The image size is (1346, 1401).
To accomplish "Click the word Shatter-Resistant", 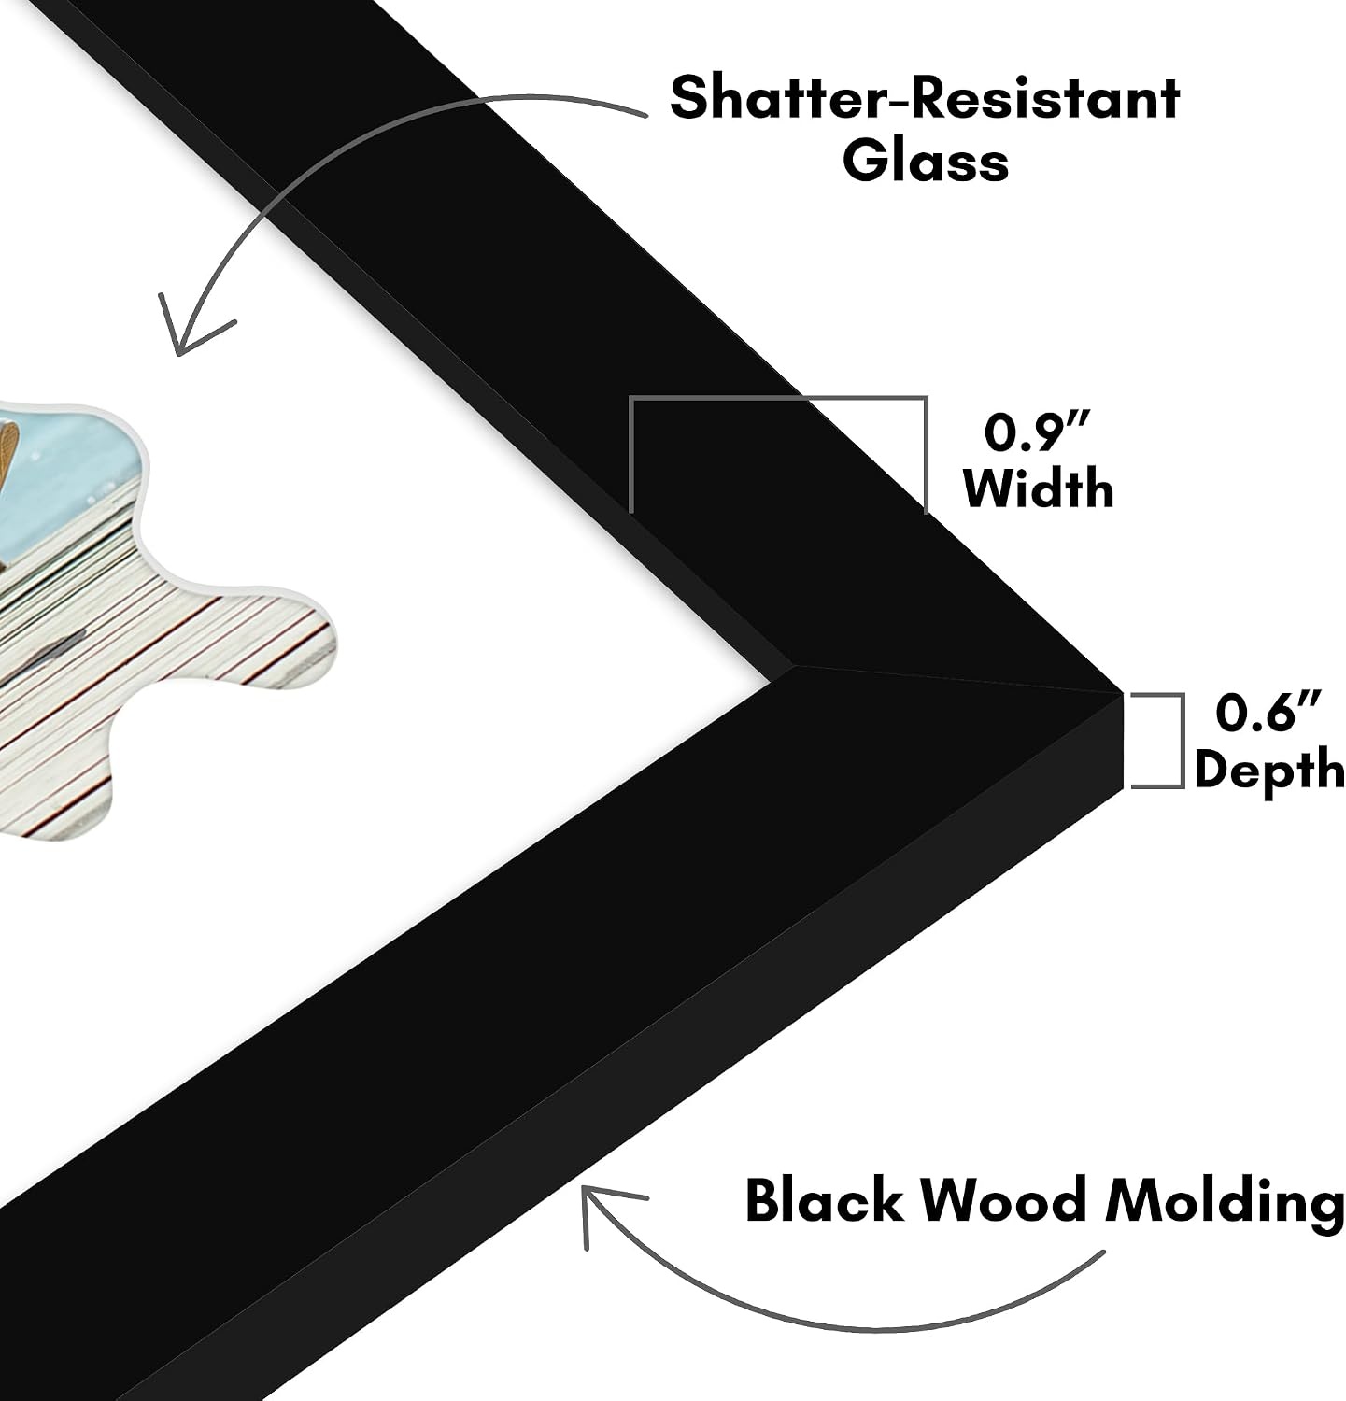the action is click(925, 98).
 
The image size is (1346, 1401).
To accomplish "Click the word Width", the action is click(1039, 488).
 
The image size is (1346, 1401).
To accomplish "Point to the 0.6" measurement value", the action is click(1269, 713).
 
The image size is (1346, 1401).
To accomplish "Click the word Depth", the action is click(1269, 770).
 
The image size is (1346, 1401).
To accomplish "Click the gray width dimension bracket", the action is click(779, 400).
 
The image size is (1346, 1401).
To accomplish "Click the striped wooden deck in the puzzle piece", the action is click(159, 654).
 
